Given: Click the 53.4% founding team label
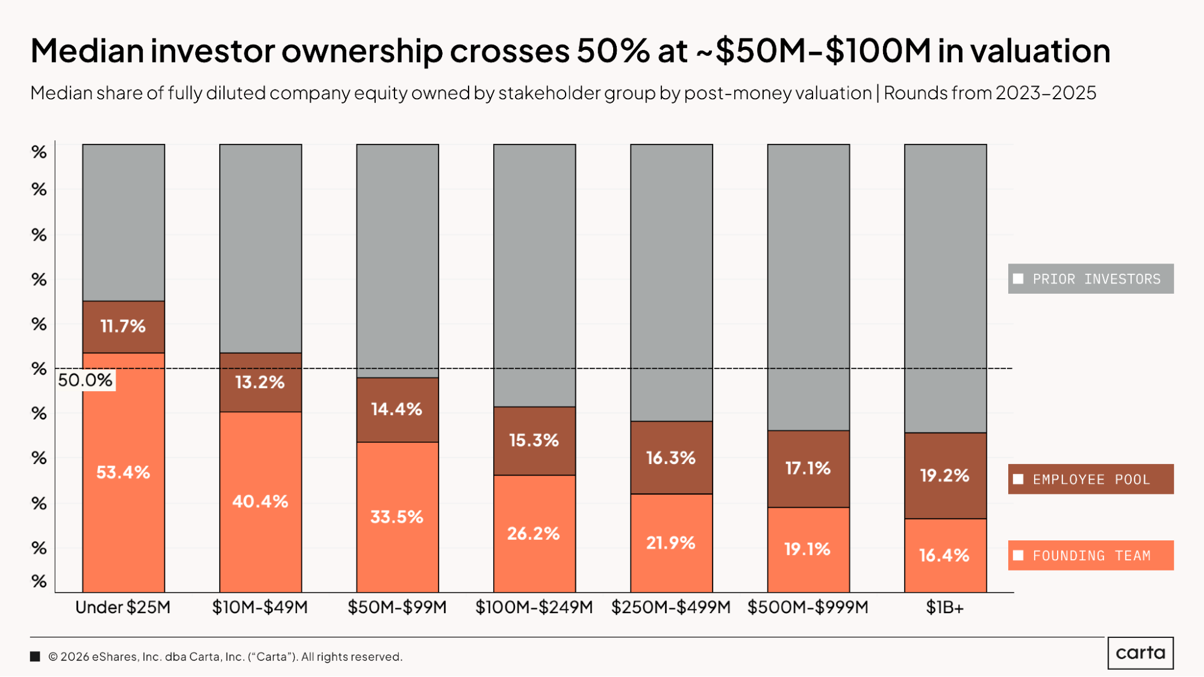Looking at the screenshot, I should click(x=123, y=472).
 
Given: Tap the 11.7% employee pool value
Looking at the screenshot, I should click(x=123, y=326).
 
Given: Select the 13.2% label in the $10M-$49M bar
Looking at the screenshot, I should click(x=260, y=382).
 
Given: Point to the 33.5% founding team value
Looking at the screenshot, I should click(x=396, y=517).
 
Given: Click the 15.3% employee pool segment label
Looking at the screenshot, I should click(x=534, y=440).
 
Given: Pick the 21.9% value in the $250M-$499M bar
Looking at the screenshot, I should click(x=670, y=543).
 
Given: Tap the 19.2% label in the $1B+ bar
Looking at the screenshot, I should click(x=944, y=475).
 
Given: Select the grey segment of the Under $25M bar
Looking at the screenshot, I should click(x=123, y=222).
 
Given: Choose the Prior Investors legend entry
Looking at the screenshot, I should click(x=1090, y=279).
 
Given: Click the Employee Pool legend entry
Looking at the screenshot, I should click(x=1090, y=479).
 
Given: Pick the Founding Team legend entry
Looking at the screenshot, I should click(x=1090, y=555).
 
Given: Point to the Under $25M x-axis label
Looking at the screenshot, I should click(x=123, y=607).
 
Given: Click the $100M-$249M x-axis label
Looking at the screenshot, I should click(x=534, y=607).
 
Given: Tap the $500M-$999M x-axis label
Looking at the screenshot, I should click(x=808, y=607).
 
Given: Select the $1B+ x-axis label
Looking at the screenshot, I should click(x=944, y=608).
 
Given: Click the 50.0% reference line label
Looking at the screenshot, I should click(x=86, y=380).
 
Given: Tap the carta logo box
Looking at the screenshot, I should click(x=1140, y=653).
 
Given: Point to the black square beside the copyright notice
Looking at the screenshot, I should click(x=35, y=657).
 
